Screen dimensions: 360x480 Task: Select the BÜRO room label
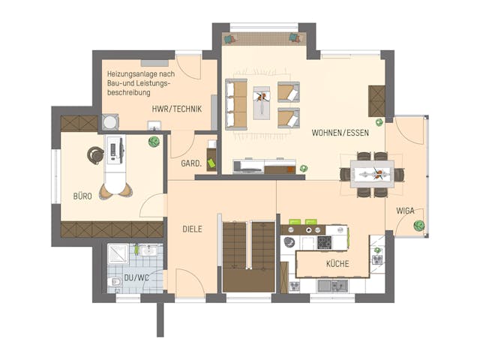82,196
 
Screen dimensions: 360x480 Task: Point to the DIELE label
192,229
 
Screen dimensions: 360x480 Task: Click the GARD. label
190,163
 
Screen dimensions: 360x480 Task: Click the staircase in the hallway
249,256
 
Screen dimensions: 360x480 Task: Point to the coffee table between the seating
262,103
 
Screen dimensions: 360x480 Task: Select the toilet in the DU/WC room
115,281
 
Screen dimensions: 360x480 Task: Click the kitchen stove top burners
325,242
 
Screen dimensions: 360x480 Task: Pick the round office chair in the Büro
95,155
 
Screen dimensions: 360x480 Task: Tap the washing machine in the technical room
110,122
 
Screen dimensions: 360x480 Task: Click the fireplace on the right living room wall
376,100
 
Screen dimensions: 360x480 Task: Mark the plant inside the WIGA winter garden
420,224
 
